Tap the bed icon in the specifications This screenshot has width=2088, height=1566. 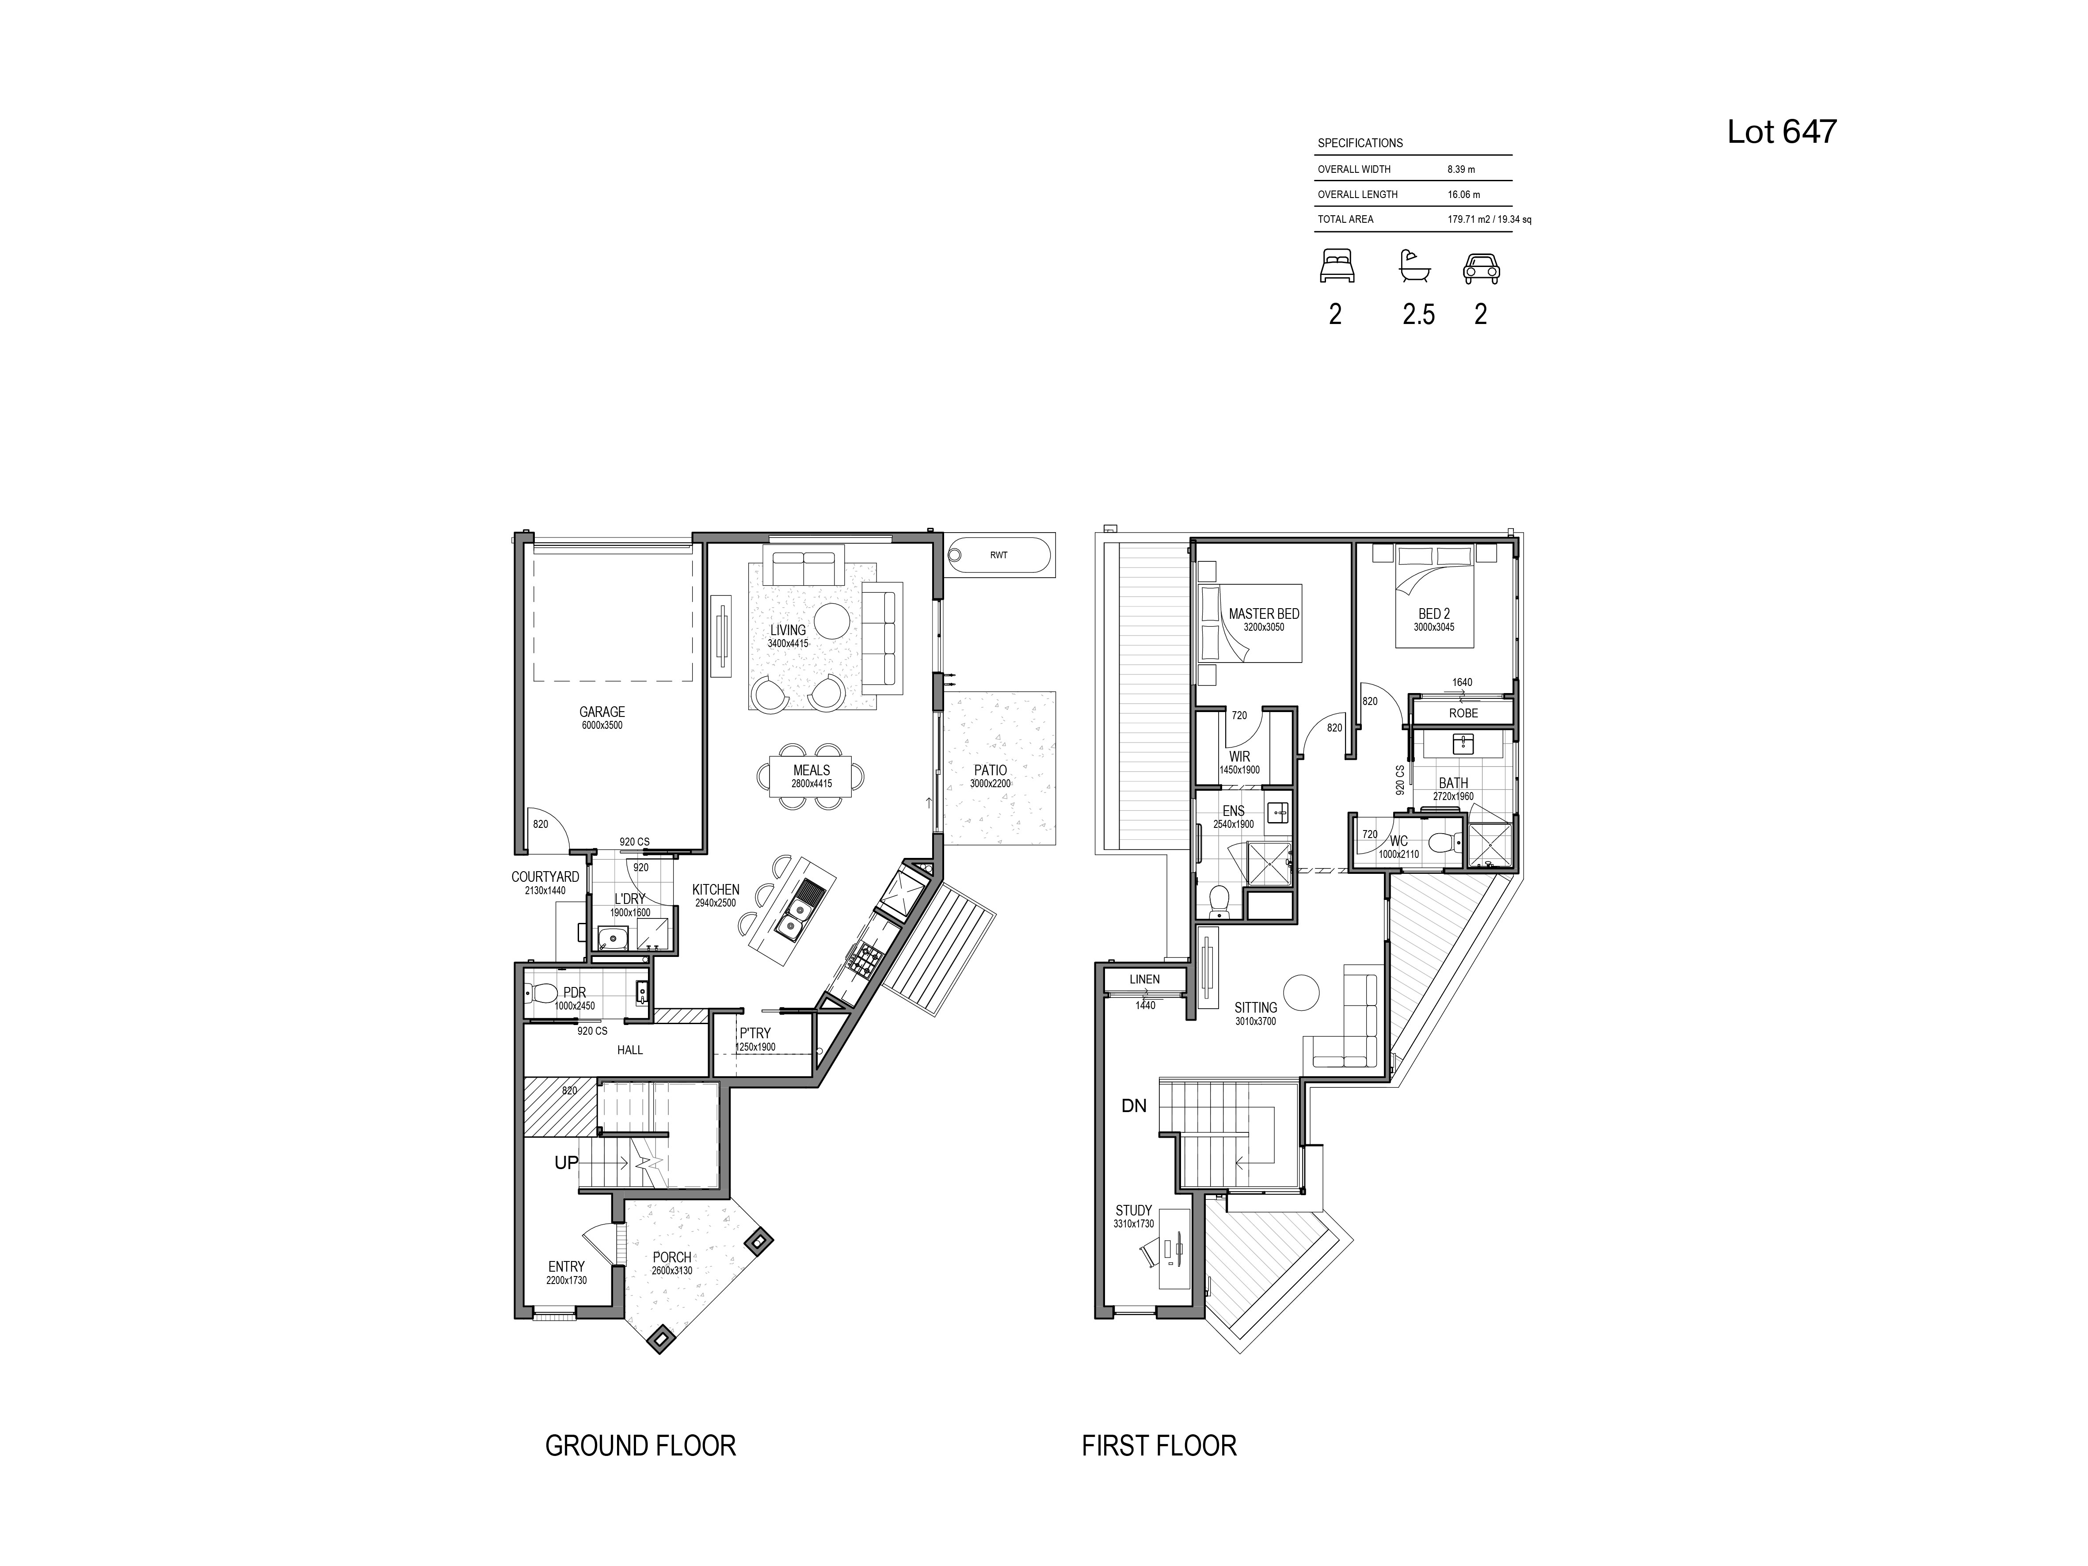pyautogui.click(x=1337, y=266)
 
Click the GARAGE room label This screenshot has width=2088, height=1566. pyautogui.click(x=602, y=712)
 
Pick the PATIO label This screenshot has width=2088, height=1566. pyautogui.click(x=990, y=770)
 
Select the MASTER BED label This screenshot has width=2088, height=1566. pyautogui.click(x=1264, y=613)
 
